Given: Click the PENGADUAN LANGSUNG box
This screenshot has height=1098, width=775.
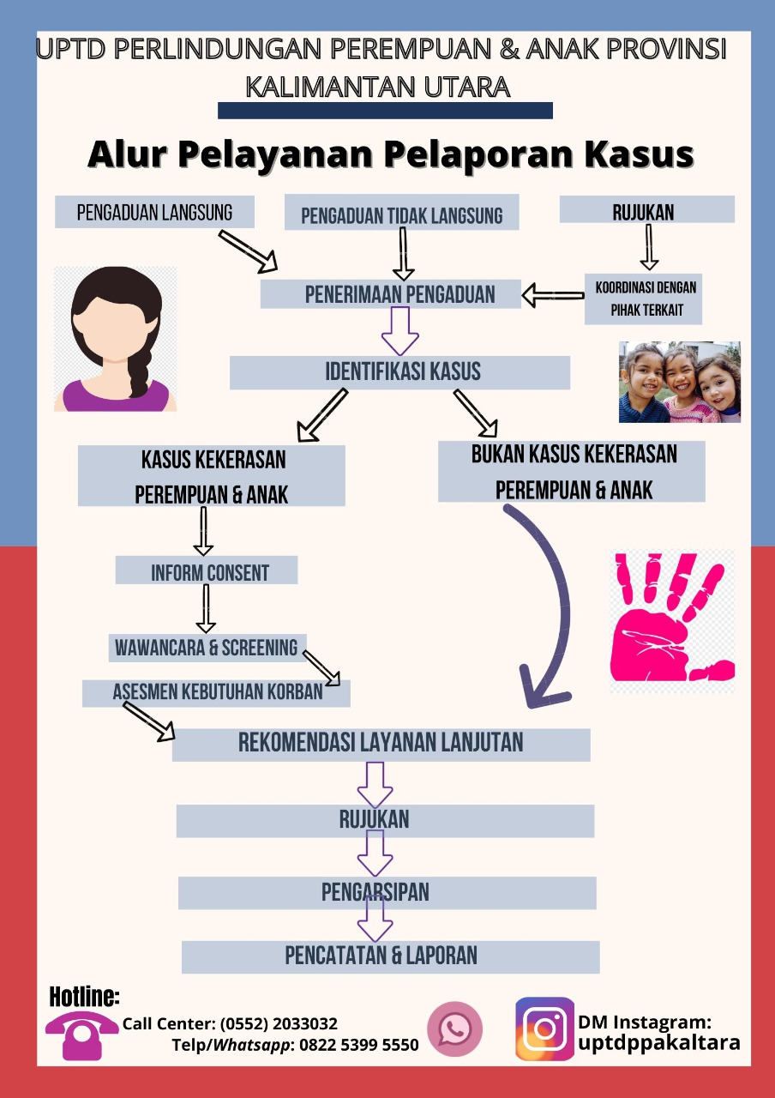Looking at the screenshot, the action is click(x=154, y=212).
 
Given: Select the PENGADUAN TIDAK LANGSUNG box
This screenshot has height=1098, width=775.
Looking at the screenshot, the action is click(x=402, y=212).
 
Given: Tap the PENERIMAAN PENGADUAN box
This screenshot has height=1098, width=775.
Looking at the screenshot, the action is click(x=390, y=294).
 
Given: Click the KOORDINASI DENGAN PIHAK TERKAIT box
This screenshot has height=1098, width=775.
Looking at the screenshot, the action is click(x=643, y=299).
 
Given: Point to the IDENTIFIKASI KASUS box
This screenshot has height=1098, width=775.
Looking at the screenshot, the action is click(x=400, y=372).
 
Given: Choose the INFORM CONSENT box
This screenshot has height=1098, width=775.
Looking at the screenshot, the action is click(x=207, y=570).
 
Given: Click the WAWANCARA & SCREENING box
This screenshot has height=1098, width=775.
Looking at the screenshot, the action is click(x=207, y=648).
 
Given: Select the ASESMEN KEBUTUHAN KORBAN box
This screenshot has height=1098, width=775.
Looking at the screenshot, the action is click(x=216, y=693).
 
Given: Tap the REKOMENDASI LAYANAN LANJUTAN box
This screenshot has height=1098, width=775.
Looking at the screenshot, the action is click(x=381, y=745).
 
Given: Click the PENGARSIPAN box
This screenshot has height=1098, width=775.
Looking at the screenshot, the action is click(x=387, y=893).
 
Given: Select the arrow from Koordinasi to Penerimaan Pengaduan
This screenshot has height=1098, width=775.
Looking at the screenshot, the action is click(x=553, y=296).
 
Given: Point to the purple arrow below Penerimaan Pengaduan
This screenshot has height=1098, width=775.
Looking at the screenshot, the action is click(x=400, y=331).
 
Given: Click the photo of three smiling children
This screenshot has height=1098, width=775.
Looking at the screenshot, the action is click(x=680, y=382).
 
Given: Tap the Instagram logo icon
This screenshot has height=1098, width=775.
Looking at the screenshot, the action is click(x=544, y=1029).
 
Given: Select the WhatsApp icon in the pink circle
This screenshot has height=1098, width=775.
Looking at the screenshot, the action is click(x=454, y=1029).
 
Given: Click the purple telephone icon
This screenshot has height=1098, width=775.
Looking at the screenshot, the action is click(x=82, y=1035).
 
